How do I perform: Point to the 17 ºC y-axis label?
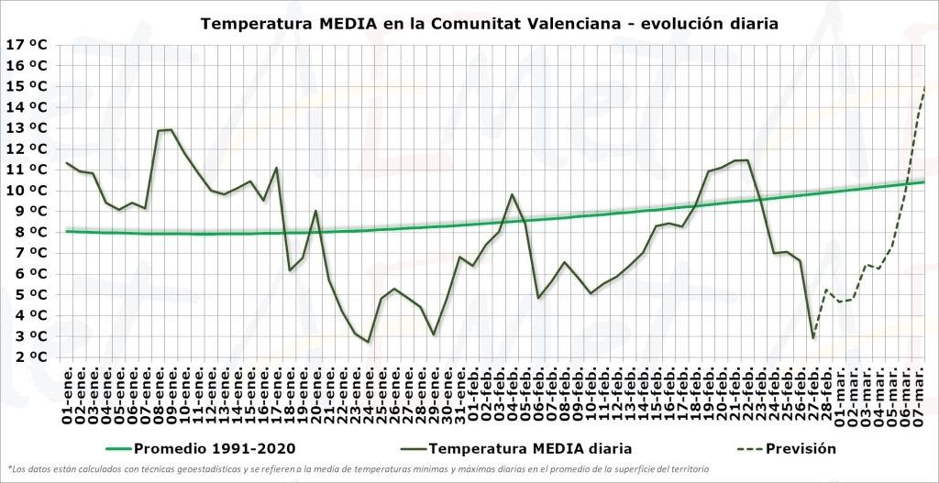pyautogui.click(x=27, y=44)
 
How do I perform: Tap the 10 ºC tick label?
pyautogui.click(x=27, y=191)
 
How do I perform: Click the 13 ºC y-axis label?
pyautogui.click(x=27, y=127)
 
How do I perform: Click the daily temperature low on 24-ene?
pyautogui.click(x=369, y=342)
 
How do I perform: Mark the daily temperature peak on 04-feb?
pyautogui.click(x=513, y=194)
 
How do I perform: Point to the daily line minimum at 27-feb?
pyautogui.click(x=813, y=338)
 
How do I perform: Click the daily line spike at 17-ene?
pyautogui.click(x=277, y=168)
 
